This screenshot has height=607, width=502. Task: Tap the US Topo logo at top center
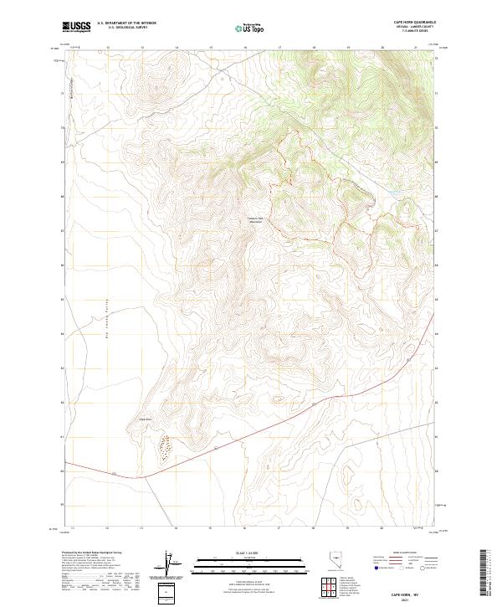click(x=250, y=28)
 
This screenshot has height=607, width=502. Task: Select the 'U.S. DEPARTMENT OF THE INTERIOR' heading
click(x=127, y=24)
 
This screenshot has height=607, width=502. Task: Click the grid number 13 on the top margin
click(x=142, y=49)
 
